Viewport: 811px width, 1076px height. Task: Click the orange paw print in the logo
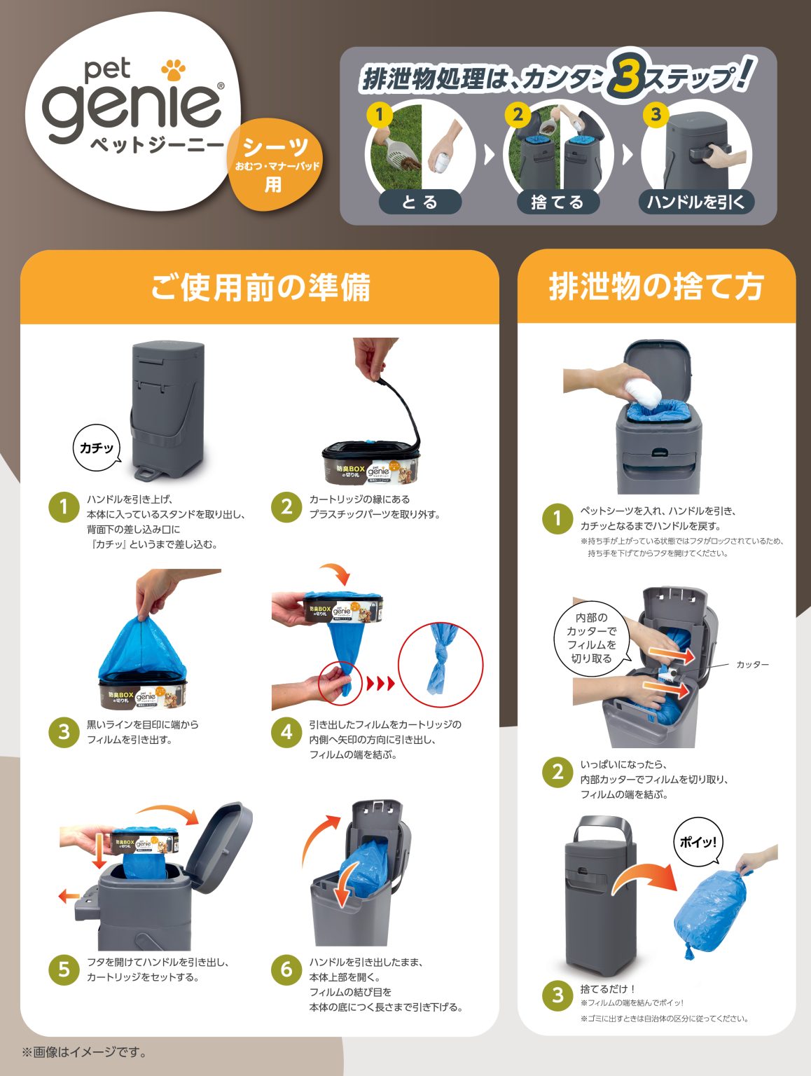174,69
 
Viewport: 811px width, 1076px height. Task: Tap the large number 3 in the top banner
627,75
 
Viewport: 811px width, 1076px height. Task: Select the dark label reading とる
420,202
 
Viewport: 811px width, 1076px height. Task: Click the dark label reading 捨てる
558,202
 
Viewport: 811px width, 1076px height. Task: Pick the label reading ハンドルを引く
696,202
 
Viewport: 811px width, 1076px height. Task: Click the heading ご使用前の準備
261,287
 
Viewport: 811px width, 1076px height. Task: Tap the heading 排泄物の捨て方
656,287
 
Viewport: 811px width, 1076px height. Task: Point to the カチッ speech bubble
97,448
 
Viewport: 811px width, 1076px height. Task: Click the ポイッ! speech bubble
698,842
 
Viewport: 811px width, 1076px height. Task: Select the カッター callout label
752,664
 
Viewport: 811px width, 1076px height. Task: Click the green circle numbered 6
286,969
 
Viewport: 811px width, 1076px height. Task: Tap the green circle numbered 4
286,732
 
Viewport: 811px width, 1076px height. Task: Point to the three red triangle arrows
381,683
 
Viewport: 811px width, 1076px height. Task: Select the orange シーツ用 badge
275,165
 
